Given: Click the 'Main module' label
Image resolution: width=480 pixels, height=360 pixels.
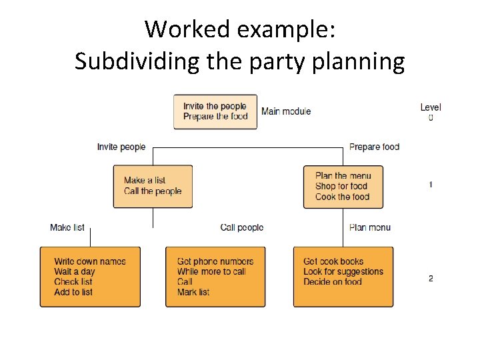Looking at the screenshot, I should [x=286, y=111].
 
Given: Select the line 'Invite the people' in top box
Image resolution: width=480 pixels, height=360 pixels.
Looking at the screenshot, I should [x=215, y=106].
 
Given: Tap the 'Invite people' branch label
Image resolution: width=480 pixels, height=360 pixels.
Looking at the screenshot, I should [x=121, y=147].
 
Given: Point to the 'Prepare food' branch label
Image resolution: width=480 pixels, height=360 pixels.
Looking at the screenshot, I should [x=374, y=147].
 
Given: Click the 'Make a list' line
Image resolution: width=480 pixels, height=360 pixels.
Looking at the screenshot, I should [x=144, y=180].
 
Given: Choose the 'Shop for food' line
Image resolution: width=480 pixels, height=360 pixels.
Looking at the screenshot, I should [x=341, y=186].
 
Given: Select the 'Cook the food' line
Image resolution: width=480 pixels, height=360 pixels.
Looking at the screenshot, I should [x=342, y=197].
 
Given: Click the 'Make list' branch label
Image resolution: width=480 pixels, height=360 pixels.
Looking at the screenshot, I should [x=67, y=227].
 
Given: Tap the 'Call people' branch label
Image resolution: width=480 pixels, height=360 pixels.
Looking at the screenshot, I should [x=242, y=227].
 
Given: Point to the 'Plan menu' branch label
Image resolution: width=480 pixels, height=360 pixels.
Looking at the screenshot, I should [x=370, y=227].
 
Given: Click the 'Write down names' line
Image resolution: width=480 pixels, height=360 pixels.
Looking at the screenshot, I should [x=90, y=261].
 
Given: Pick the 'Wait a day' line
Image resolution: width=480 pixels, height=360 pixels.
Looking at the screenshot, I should [x=75, y=271].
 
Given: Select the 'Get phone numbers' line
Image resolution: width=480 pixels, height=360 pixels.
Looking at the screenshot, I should [x=215, y=261].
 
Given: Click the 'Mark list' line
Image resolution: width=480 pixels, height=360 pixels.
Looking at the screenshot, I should [x=193, y=292].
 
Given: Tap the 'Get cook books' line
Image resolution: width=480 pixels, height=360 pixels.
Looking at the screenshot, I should [x=333, y=261].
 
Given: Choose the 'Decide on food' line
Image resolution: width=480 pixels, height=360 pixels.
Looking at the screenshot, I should [x=333, y=281].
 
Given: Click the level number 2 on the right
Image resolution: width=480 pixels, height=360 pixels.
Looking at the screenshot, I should [x=431, y=278].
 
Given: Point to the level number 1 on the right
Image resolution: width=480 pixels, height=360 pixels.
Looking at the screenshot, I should [x=431, y=184].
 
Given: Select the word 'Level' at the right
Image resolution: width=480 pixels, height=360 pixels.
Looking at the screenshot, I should [x=431, y=107].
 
